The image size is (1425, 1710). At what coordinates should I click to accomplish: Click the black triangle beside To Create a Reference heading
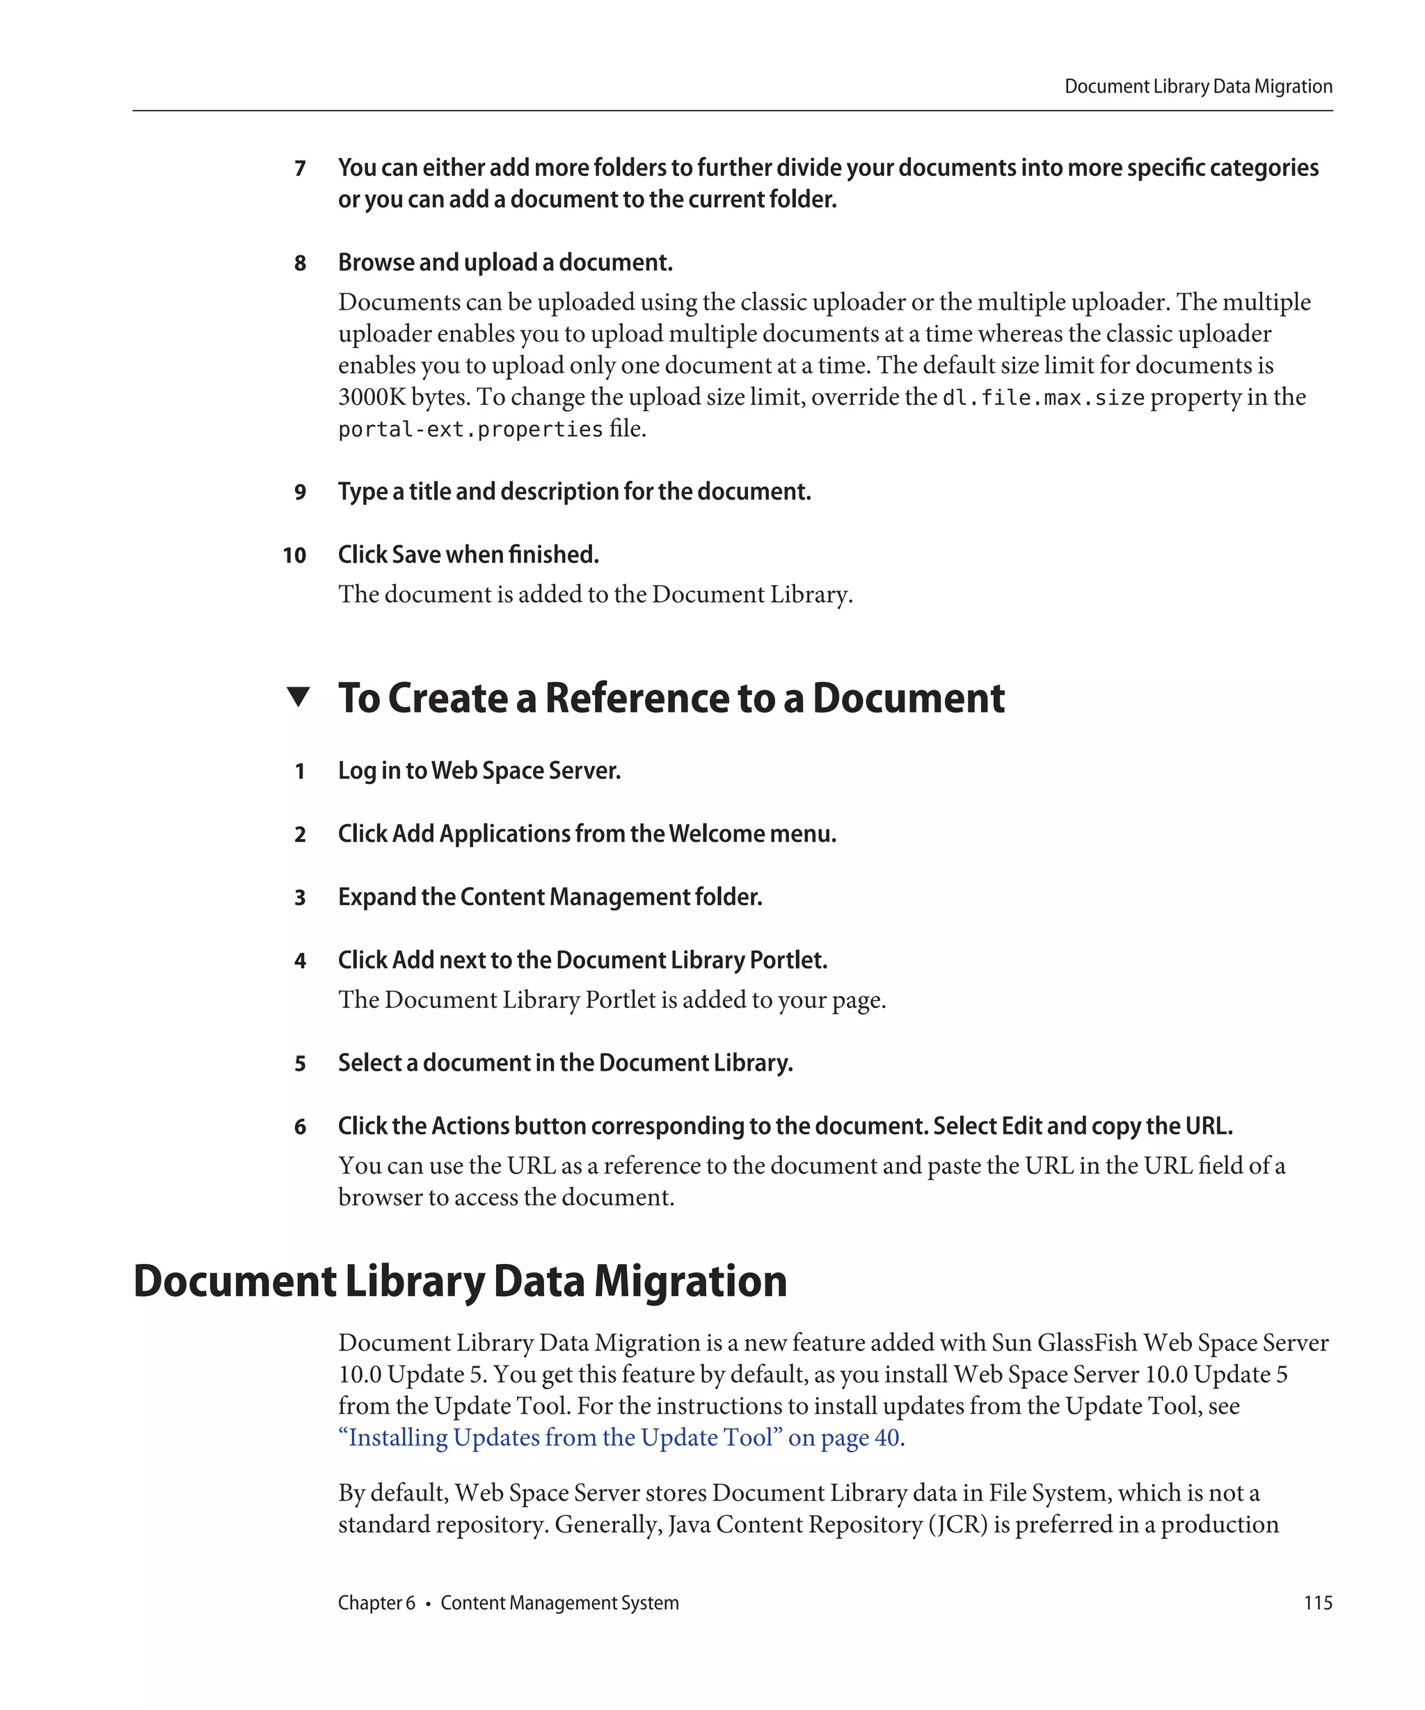[298, 697]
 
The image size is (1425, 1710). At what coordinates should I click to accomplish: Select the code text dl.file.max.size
[1043, 398]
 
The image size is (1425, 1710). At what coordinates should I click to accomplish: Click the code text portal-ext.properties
[470, 429]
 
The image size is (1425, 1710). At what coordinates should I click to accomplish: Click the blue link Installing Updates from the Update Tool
[619, 1437]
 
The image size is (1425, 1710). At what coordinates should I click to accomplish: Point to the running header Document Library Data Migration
[1197, 86]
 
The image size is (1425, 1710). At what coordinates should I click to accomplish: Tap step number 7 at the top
[300, 168]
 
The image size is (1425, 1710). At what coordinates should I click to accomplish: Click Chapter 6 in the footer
[376, 1602]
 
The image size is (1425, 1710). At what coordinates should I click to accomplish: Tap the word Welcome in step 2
[717, 834]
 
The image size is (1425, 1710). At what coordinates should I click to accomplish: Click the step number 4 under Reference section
[300, 961]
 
